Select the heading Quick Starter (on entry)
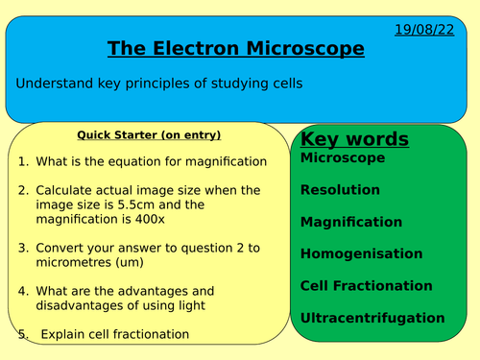click(148, 134)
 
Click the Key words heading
click(354, 139)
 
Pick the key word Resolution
click(340, 190)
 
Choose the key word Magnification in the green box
click(351, 222)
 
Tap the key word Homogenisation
click(361, 253)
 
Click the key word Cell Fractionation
click(366, 285)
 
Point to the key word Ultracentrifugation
click(372, 318)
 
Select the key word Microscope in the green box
click(343, 157)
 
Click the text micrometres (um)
click(88, 262)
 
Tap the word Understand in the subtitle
click(54, 84)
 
